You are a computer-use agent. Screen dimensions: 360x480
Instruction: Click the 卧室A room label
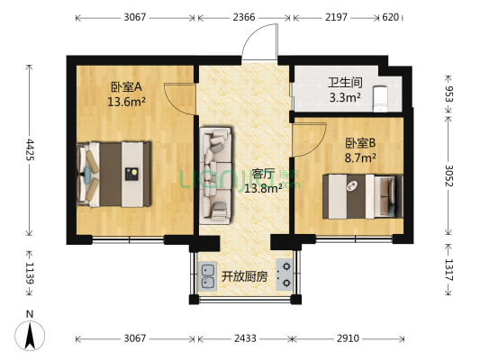click(127, 87)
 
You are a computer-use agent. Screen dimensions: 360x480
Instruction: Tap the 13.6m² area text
click(127, 102)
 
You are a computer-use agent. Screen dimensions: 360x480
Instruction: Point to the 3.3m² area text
click(320, 97)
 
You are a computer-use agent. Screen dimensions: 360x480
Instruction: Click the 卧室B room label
click(360, 142)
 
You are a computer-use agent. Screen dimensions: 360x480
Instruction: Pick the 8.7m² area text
click(360, 157)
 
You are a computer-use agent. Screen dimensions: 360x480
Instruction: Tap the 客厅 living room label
click(264, 174)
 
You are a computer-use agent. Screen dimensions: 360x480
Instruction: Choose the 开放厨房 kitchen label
click(245, 276)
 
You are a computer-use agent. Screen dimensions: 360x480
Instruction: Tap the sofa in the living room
click(217, 173)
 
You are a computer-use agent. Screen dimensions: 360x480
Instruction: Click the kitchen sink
click(208, 276)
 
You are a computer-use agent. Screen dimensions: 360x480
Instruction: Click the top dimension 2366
click(243, 17)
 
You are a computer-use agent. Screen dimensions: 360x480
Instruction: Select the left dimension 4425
click(30, 148)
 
